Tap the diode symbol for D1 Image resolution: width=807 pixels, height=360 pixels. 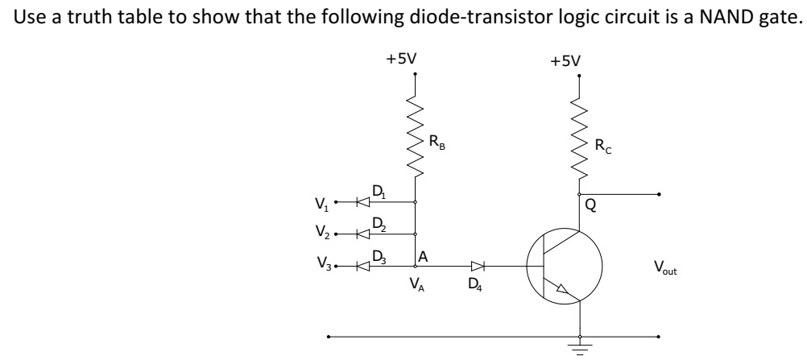point(363,201)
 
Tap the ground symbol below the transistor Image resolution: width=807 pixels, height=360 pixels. point(579,345)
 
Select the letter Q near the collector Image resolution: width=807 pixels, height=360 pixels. point(590,206)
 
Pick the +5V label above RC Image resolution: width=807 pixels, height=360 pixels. point(565,60)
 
